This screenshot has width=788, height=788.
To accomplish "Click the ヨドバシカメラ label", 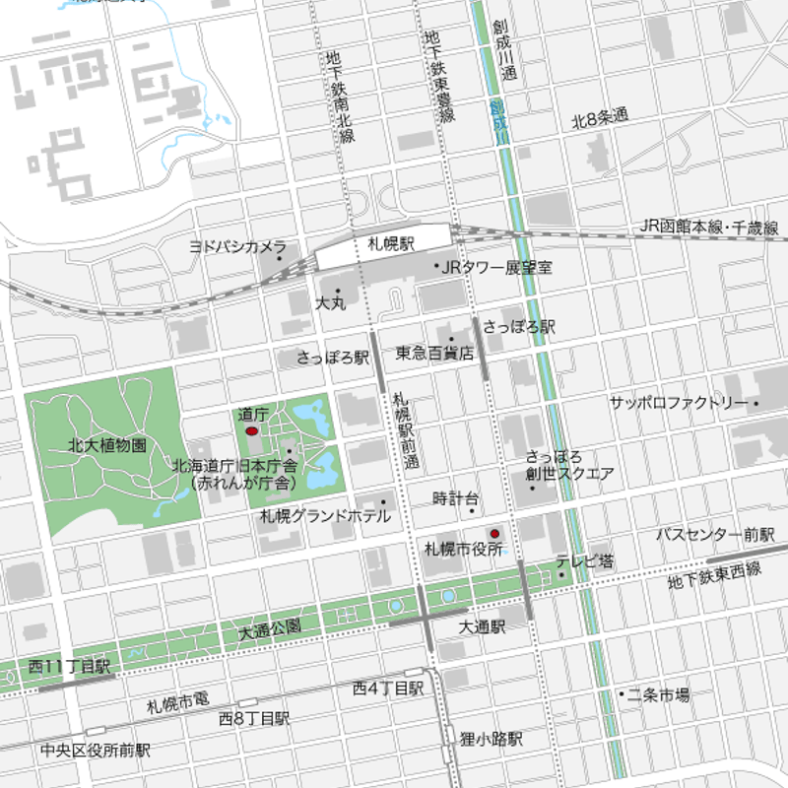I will point(237,246).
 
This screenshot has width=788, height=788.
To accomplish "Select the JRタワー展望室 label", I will point(496,267).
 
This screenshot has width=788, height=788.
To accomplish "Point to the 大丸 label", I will point(330,304).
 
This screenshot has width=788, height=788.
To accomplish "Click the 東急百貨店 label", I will point(434,353).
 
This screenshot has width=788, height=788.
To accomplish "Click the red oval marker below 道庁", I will point(251,431).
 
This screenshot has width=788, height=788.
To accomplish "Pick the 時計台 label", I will point(456,498).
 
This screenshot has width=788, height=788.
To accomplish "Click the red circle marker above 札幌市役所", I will point(495,533).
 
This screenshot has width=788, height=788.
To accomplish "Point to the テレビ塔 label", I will point(584,561).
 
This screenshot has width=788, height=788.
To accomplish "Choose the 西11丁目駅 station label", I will point(69,667).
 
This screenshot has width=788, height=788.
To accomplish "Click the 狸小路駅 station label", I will point(491,738).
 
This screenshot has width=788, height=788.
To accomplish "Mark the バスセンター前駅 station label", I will point(716,535).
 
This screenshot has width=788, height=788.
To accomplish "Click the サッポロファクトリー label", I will point(678,403).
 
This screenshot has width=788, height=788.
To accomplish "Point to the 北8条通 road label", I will point(600,117).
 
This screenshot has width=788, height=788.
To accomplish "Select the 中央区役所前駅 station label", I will point(96,750).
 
